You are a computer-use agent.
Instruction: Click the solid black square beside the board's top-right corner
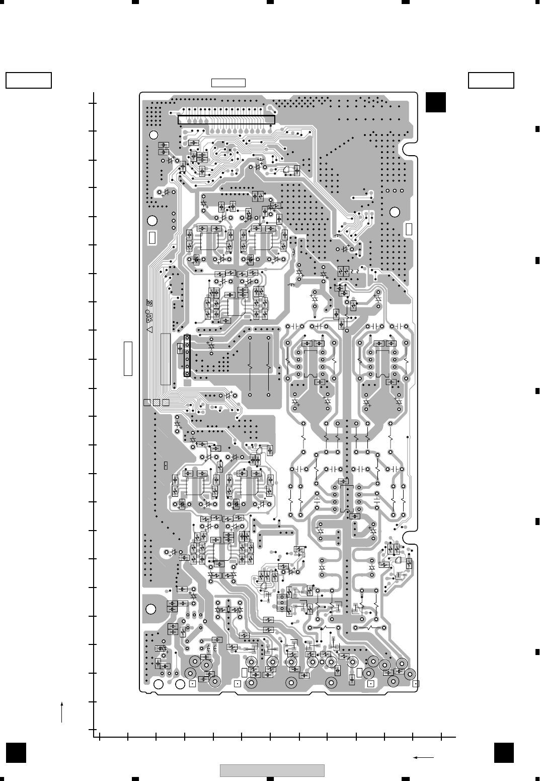tap(435, 102)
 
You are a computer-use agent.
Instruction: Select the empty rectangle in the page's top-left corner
tap(29, 81)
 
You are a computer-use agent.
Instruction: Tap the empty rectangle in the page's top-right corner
tap(491, 81)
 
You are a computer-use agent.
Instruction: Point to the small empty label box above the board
tap(228, 83)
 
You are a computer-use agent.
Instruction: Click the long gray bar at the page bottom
tap(272, 770)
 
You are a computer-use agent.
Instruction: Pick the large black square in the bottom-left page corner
tap(16, 753)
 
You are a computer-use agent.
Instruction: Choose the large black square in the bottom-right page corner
tap(504, 753)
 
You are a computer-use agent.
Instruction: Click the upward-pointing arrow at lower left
tap(62, 711)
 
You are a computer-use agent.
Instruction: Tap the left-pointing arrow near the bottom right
tap(423, 757)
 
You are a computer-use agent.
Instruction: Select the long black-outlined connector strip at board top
tap(226, 119)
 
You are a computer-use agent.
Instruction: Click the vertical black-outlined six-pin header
tap(187, 356)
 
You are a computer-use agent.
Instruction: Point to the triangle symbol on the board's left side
tap(149, 329)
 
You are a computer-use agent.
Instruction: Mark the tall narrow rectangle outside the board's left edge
tap(128, 358)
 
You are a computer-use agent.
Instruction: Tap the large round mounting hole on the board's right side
tap(395, 212)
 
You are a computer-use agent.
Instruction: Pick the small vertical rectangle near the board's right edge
tap(409, 229)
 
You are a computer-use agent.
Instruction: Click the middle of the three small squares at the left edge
tap(156, 403)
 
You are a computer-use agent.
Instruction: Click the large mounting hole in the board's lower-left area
tap(150, 609)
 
